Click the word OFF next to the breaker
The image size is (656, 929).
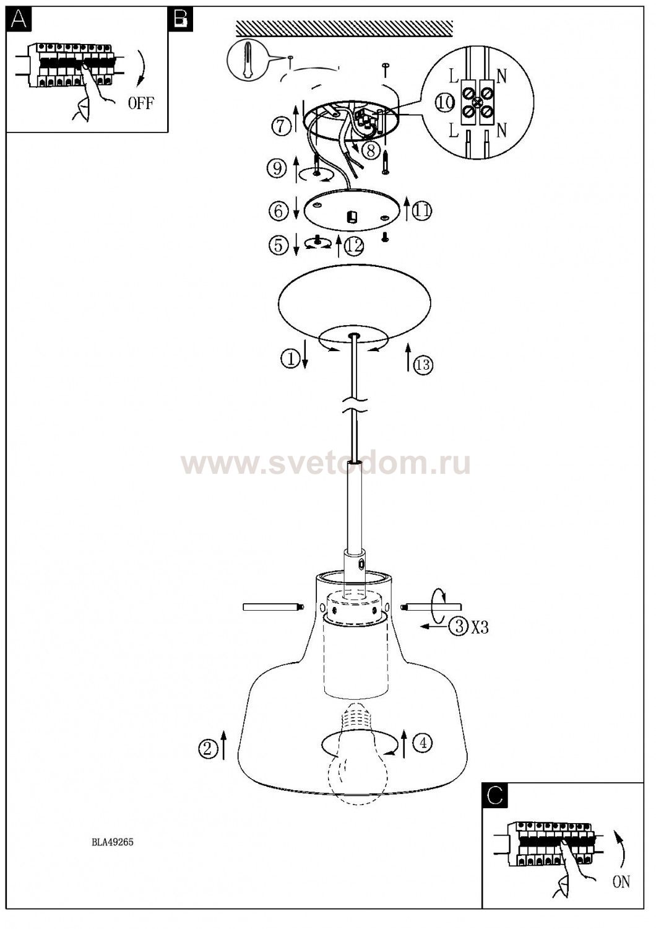(x=141, y=102)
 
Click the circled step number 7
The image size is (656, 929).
(x=282, y=126)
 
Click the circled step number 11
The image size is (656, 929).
(x=422, y=211)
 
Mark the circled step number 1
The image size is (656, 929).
(x=290, y=359)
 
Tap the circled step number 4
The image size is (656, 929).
(x=423, y=743)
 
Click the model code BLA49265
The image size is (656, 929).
(x=112, y=842)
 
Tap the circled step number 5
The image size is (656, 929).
(x=278, y=245)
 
